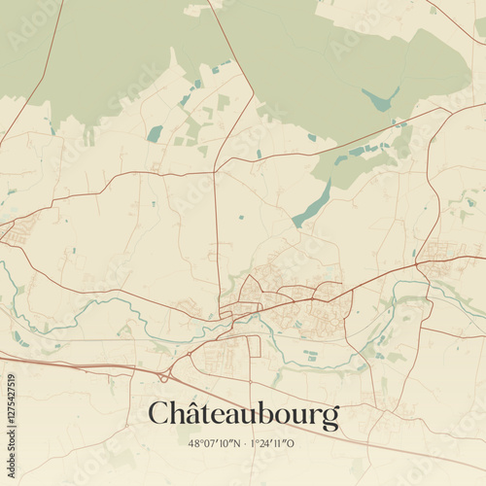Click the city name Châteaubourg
point(243,415)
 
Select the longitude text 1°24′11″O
point(274,443)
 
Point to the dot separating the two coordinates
point(244,443)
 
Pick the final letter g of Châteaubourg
point(331,419)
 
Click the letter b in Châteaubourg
point(261,413)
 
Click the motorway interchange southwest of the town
point(164,373)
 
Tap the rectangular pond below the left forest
point(155,133)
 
